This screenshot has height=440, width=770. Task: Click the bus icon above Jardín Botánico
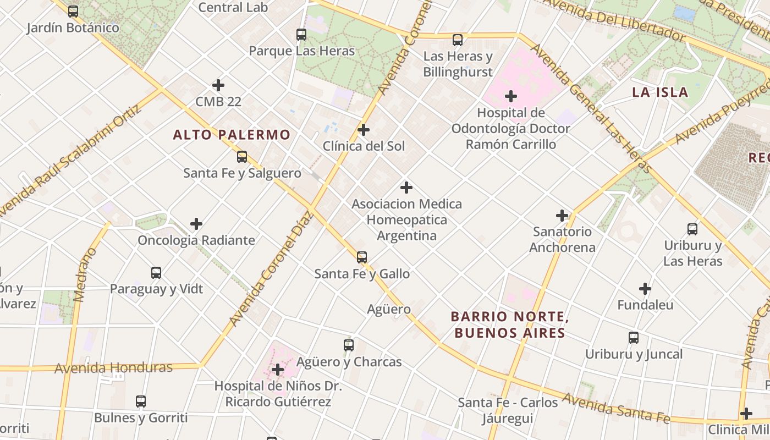click(x=73, y=11)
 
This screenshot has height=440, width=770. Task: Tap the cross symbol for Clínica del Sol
click(x=364, y=130)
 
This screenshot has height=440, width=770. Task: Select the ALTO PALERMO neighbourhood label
click(x=232, y=135)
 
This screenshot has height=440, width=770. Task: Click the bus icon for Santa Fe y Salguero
click(x=242, y=157)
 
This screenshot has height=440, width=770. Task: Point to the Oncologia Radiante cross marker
click(x=196, y=224)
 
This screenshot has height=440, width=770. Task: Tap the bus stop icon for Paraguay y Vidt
click(x=156, y=273)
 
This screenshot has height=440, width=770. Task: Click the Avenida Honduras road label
click(x=114, y=367)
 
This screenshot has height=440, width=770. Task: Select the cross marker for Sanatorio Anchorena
click(x=562, y=216)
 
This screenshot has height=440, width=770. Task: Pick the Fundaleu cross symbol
click(x=645, y=288)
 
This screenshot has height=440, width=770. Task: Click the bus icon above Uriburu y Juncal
click(x=634, y=338)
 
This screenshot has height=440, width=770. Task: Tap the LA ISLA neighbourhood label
click(x=660, y=92)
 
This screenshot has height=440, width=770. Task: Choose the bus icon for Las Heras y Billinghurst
click(x=458, y=40)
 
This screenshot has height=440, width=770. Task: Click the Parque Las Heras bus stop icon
click(x=301, y=35)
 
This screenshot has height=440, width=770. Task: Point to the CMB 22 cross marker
click(x=218, y=85)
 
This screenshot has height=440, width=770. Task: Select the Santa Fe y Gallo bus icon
click(x=362, y=257)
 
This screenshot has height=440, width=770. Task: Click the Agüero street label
click(x=389, y=309)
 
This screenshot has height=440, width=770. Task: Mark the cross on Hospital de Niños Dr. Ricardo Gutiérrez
click(x=278, y=370)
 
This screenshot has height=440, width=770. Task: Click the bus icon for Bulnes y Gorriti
click(x=141, y=402)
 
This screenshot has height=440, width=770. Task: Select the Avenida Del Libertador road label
click(x=613, y=20)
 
